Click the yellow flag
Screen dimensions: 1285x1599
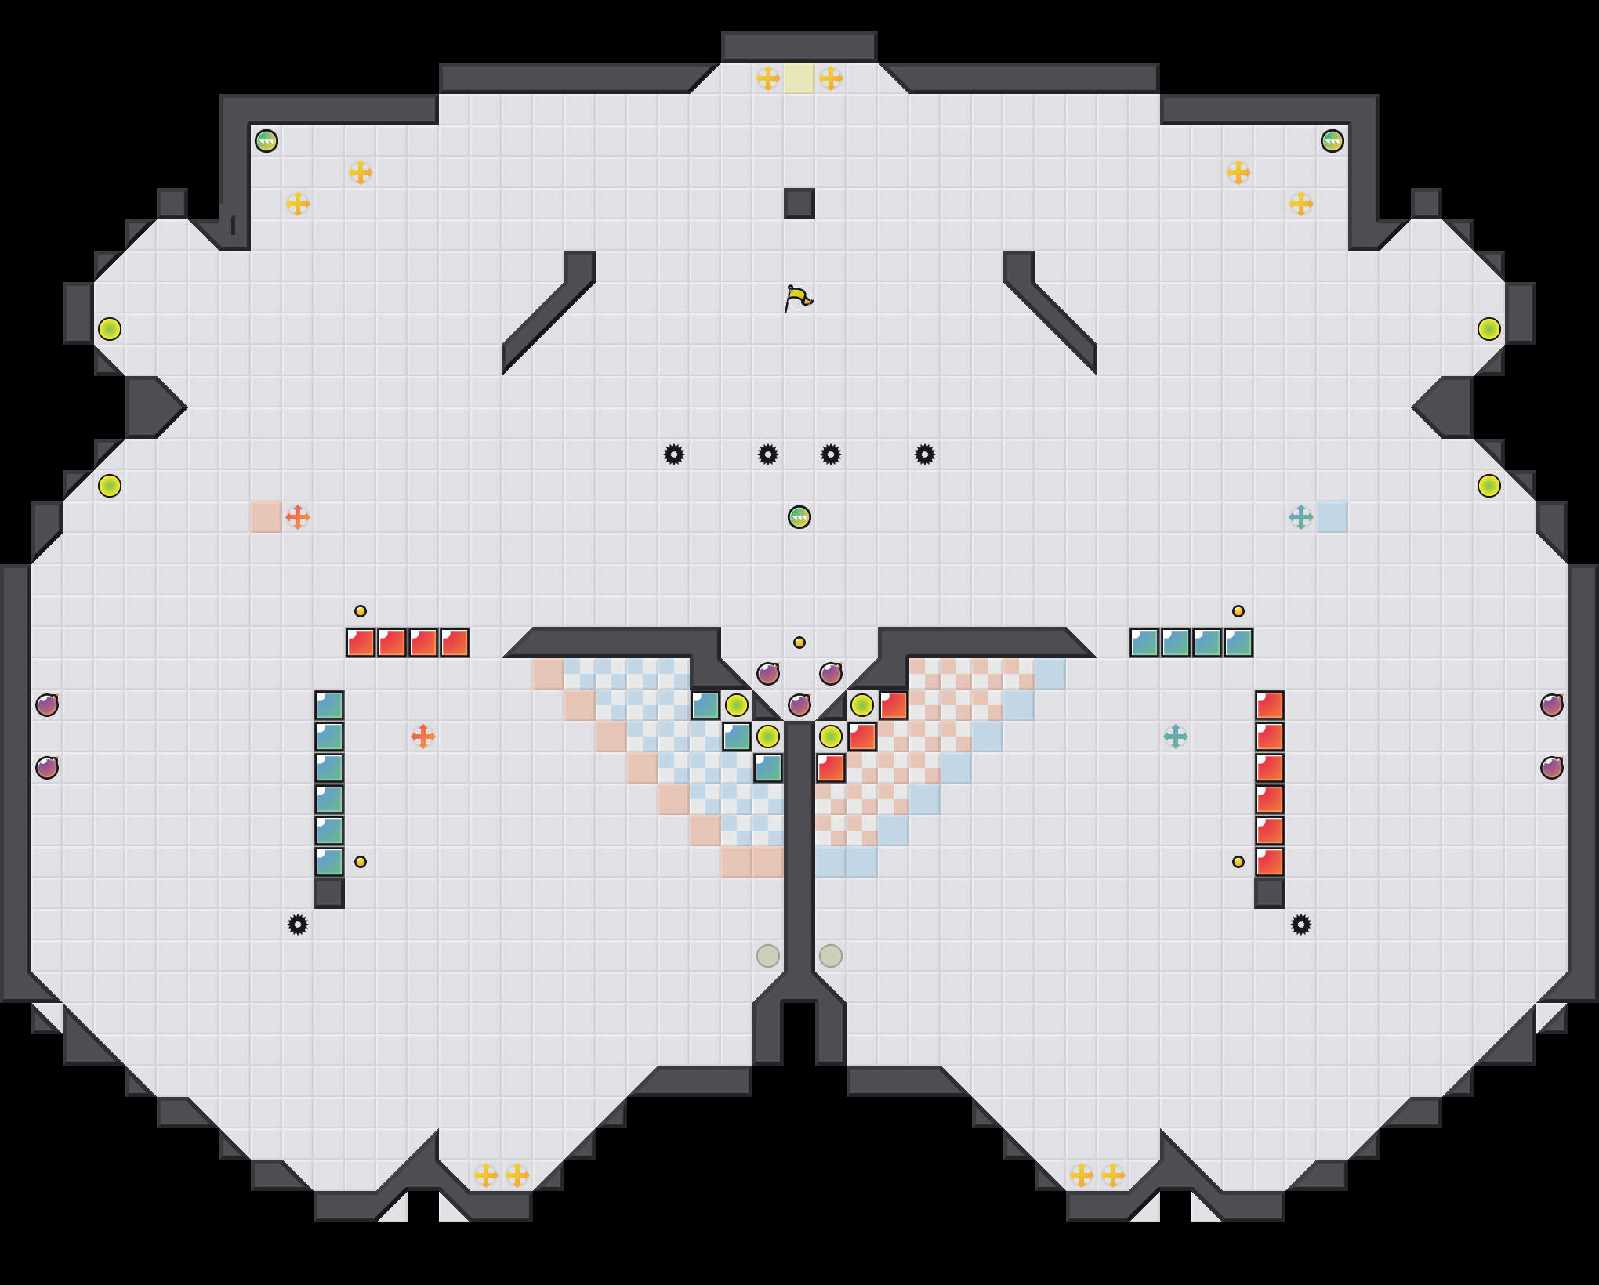[798, 298]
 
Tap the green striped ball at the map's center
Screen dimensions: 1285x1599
[799, 517]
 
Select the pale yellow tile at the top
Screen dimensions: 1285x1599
[799, 78]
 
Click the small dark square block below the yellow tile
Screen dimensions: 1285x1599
[799, 204]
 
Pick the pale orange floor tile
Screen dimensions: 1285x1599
[266, 517]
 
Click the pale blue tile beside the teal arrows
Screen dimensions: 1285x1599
[1332, 517]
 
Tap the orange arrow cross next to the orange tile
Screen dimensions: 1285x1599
[298, 517]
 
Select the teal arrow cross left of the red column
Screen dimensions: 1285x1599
[1176, 737]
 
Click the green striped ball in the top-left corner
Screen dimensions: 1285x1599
[266, 141]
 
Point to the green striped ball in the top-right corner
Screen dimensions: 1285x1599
[1332, 141]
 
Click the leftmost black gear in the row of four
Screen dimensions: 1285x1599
[674, 454]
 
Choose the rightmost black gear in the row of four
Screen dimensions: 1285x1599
[925, 454]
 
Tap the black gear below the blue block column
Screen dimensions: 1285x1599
[298, 925]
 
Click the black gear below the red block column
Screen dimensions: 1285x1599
[1301, 925]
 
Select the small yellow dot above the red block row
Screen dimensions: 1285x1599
[361, 611]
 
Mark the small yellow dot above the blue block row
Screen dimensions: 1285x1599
[1238, 611]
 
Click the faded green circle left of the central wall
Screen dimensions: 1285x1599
[768, 956]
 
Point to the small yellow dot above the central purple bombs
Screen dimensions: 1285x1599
[799, 642]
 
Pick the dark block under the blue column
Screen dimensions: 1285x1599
[329, 893]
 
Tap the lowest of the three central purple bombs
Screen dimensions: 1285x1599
[799, 705]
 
